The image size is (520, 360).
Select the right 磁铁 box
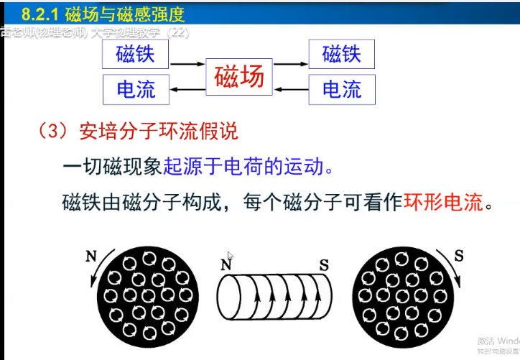[342, 54]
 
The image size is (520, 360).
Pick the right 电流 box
[342, 89]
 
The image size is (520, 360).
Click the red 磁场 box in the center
[239, 76]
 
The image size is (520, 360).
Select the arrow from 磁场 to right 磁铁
[291, 64]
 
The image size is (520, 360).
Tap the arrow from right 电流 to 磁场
[291, 89]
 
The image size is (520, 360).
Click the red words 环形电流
[445, 203]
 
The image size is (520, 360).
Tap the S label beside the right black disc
[459, 255]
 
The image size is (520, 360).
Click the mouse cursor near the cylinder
[231, 257]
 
